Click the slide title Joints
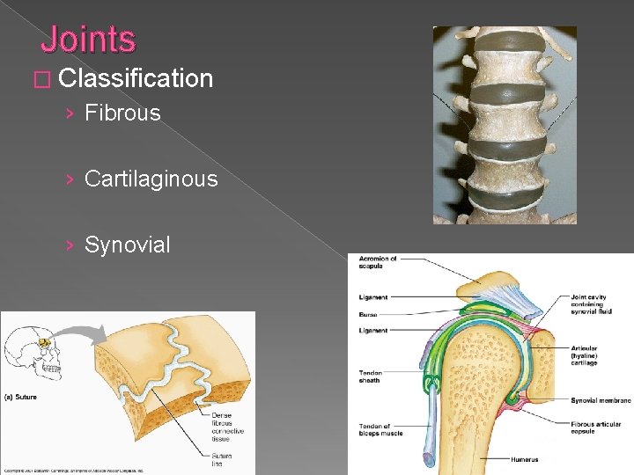88,40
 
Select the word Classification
137,78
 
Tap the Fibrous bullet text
122,113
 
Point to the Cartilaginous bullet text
151,179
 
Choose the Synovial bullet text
127,245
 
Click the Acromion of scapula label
378,262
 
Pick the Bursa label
369,312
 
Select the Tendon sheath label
371,376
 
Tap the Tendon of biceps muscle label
381,430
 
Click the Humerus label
526,459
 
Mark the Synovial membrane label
600,400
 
